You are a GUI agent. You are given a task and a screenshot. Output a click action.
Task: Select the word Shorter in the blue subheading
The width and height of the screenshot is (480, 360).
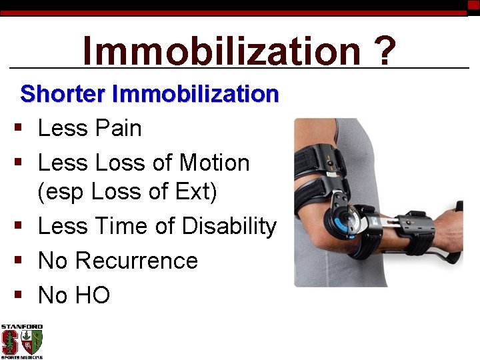[x=63, y=94]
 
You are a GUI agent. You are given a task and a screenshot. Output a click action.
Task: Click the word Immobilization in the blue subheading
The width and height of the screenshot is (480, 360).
[x=195, y=94]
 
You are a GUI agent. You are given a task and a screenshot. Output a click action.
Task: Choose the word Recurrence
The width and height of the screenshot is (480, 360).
[x=137, y=260]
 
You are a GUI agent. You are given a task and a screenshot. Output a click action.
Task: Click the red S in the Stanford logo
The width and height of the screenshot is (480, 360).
[x=11, y=343]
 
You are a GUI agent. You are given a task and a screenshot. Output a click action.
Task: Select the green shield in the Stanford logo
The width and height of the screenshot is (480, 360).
[x=35, y=343]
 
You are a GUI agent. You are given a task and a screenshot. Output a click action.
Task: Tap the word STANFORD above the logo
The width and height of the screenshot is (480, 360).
[x=21, y=327]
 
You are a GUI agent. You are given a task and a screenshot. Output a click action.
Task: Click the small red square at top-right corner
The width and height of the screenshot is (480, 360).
[x=473, y=5]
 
